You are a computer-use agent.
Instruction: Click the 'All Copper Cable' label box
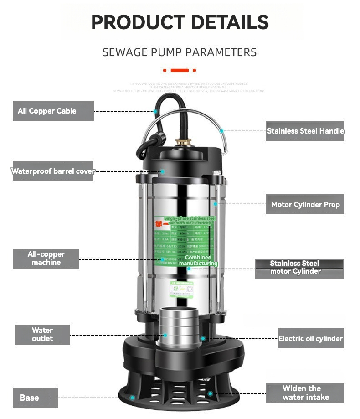(x=53, y=111)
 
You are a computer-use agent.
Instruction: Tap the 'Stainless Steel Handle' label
(x=305, y=131)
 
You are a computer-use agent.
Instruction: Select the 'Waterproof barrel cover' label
(x=53, y=171)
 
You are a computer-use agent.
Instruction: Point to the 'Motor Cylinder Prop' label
(x=305, y=204)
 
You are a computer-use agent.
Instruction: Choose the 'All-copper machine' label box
(x=46, y=259)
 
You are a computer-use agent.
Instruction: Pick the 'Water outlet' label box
(x=42, y=335)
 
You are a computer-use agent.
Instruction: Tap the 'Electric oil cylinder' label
(x=310, y=339)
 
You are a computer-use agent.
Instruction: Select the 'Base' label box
(x=36, y=398)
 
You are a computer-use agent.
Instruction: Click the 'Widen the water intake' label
(x=305, y=393)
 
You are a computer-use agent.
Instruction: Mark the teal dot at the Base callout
(x=132, y=398)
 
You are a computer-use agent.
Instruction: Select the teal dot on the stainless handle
(x=222, y=131)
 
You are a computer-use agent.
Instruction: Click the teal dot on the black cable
(x=156, y=111)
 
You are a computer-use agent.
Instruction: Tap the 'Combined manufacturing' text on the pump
(x=198, y=261)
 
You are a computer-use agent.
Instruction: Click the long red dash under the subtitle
(x=180, y=70)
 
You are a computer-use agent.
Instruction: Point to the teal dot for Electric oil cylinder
(x=203, y=339)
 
